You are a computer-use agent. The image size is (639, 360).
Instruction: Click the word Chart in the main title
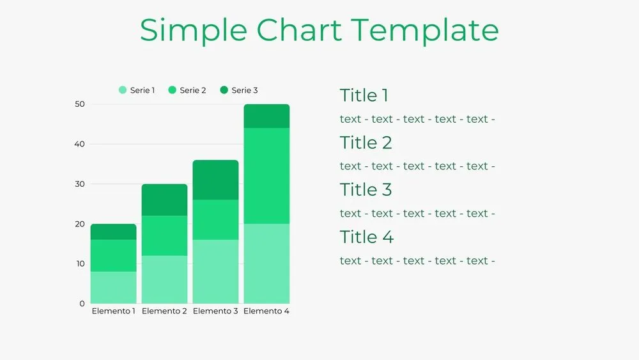[x=299, y=30]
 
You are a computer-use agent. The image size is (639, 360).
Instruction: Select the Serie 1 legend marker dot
[x=123, y=90]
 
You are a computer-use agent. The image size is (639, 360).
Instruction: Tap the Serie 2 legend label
[x=192, y=90]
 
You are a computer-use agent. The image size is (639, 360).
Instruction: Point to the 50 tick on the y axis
[x=80, y=104]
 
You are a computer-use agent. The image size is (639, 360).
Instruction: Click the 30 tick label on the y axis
[x=80, y=184]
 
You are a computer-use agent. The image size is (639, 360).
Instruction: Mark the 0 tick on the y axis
[x=82, y=303]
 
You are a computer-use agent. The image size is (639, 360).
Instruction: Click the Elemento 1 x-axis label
[x=114, y=311]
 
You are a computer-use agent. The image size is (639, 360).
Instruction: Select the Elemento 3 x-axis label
[x=215, y=311]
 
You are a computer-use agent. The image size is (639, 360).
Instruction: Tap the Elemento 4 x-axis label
[x=266, y=311]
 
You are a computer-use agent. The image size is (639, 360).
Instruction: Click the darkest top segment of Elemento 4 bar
[x=266, y=116]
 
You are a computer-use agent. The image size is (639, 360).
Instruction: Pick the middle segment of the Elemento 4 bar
[x=266, y=176]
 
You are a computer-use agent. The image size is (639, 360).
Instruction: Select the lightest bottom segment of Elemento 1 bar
[x=114, y=287]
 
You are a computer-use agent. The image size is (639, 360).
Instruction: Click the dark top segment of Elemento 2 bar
[x=164, y=200]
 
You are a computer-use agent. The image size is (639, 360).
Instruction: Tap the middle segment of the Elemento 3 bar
[x=215, y=219]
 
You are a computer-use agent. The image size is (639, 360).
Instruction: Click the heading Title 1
[x=364, y=96]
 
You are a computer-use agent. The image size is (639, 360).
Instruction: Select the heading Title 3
[x=366, y=190]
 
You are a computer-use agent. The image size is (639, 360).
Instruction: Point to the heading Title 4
[x=367, y=237]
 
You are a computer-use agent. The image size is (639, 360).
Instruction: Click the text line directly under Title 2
[x=417, y=166]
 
